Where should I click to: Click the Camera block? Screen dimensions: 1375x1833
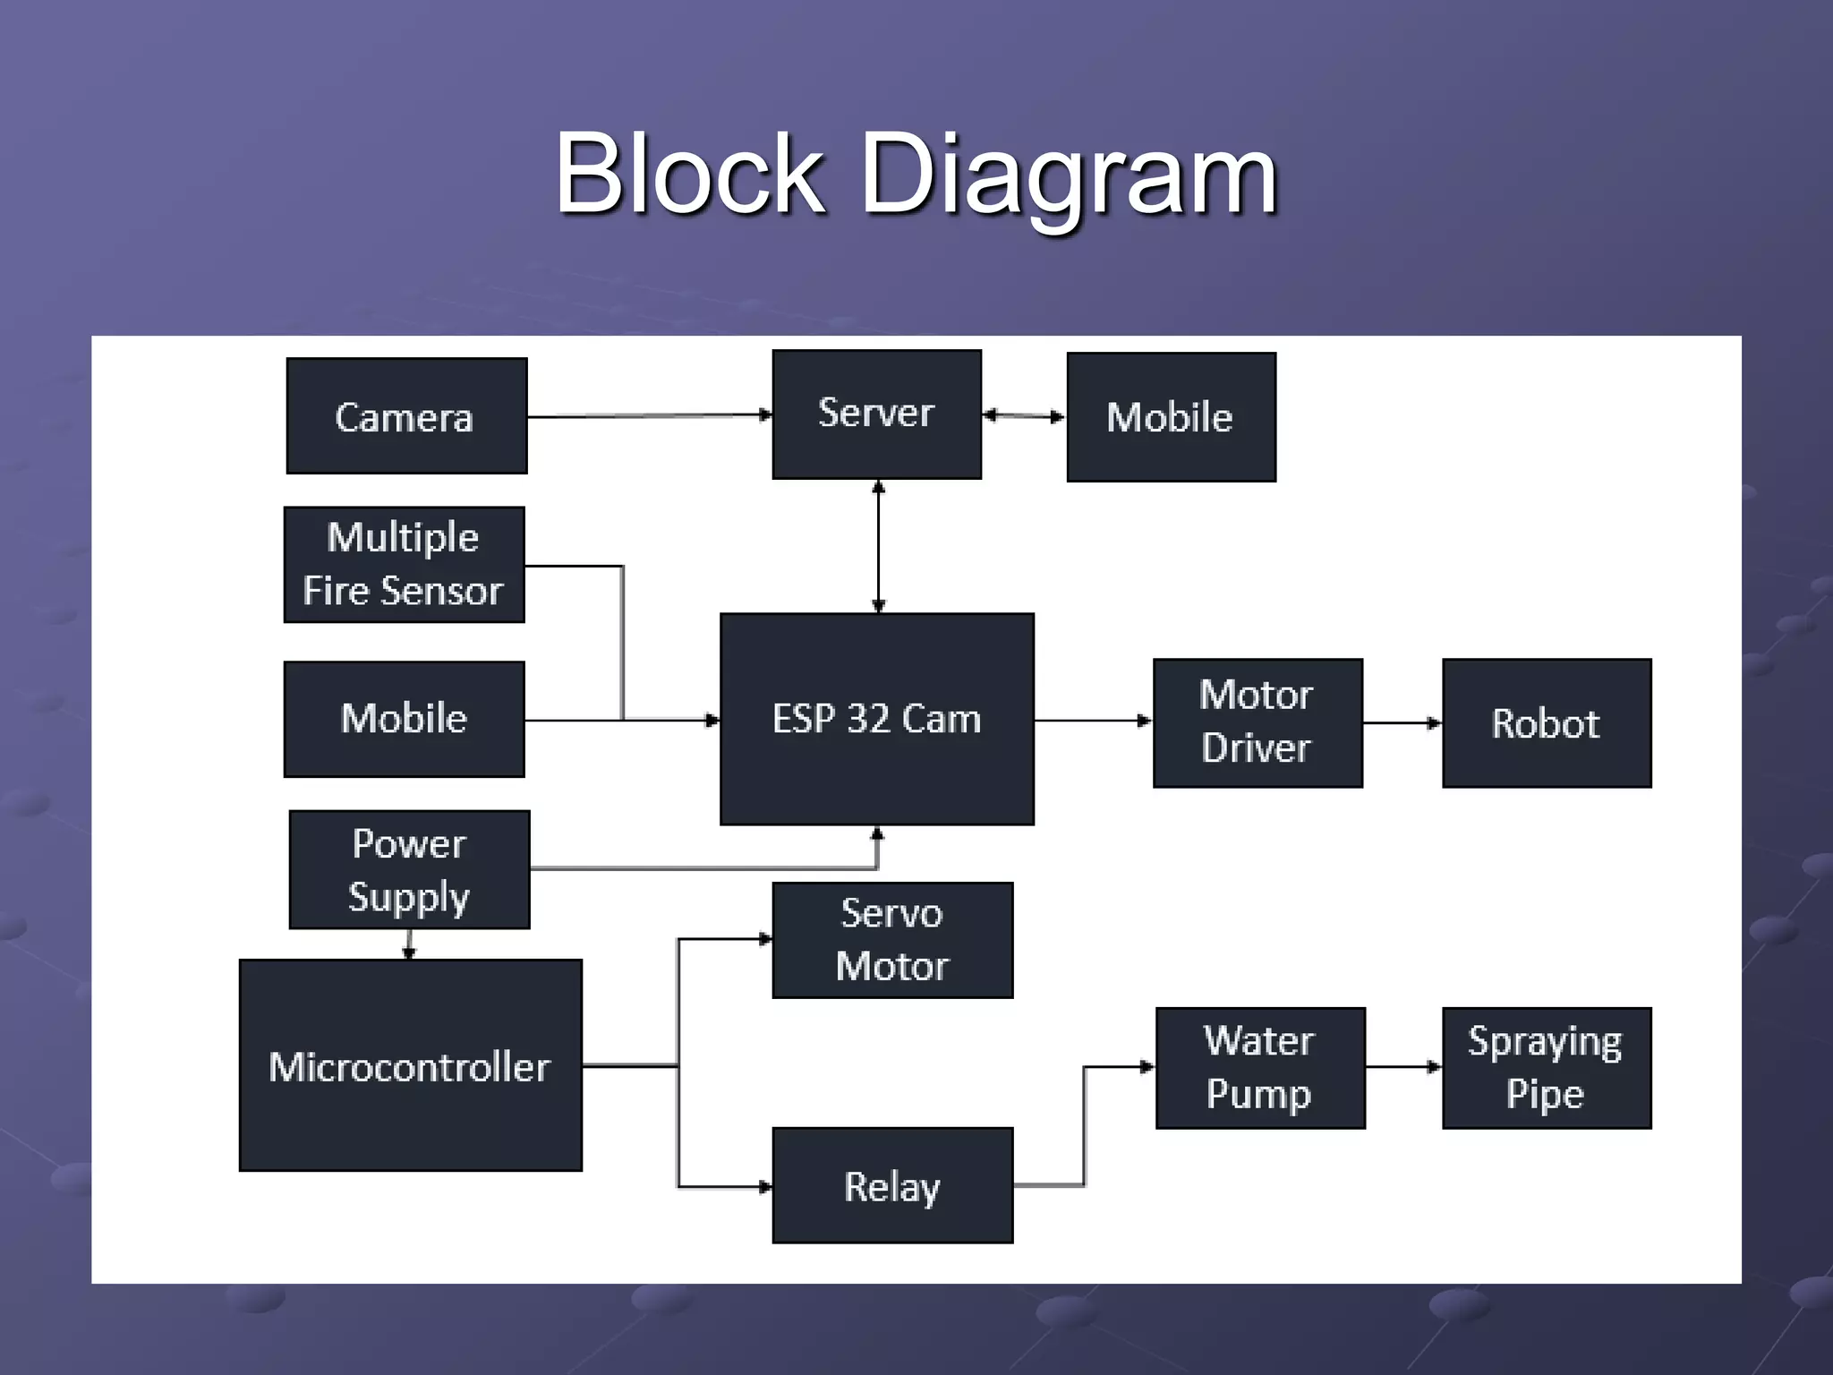[x=406, y=416]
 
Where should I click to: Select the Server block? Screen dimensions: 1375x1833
[x=876, y=414]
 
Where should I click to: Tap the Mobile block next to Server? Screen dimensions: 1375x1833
[x=1171, y=417]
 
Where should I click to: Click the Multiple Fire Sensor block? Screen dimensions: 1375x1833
[x=404, y=565]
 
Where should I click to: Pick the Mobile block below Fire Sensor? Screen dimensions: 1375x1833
[x=404, y=719]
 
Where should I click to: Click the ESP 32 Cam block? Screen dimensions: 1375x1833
[x=876, y=719]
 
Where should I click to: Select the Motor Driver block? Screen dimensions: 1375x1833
[x=1258, y=723]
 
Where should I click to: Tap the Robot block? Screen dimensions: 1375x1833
[x=1546, y=723]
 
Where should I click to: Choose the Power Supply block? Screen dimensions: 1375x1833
[x=409, y=869]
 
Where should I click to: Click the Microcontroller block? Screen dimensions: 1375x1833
[x=410, y=1065]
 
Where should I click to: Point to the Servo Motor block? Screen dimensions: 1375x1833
[x=892, y=940]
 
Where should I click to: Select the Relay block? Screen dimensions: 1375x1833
[x=892, y=1185]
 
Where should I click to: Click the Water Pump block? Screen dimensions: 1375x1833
[x=1259, y=1068]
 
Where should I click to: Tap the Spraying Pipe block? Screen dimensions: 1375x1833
[x=1546, y=1068]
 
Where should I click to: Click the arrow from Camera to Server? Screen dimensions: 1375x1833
[x=649, y=415]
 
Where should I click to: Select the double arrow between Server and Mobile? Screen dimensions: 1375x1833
[x=1024, y=415]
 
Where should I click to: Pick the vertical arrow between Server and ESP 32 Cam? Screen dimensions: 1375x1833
[x=878, y=546]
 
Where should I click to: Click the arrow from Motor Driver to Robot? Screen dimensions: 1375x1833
[x=1402, y=722]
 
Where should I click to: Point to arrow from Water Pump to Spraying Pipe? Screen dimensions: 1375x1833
[x=1402, y=1067]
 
